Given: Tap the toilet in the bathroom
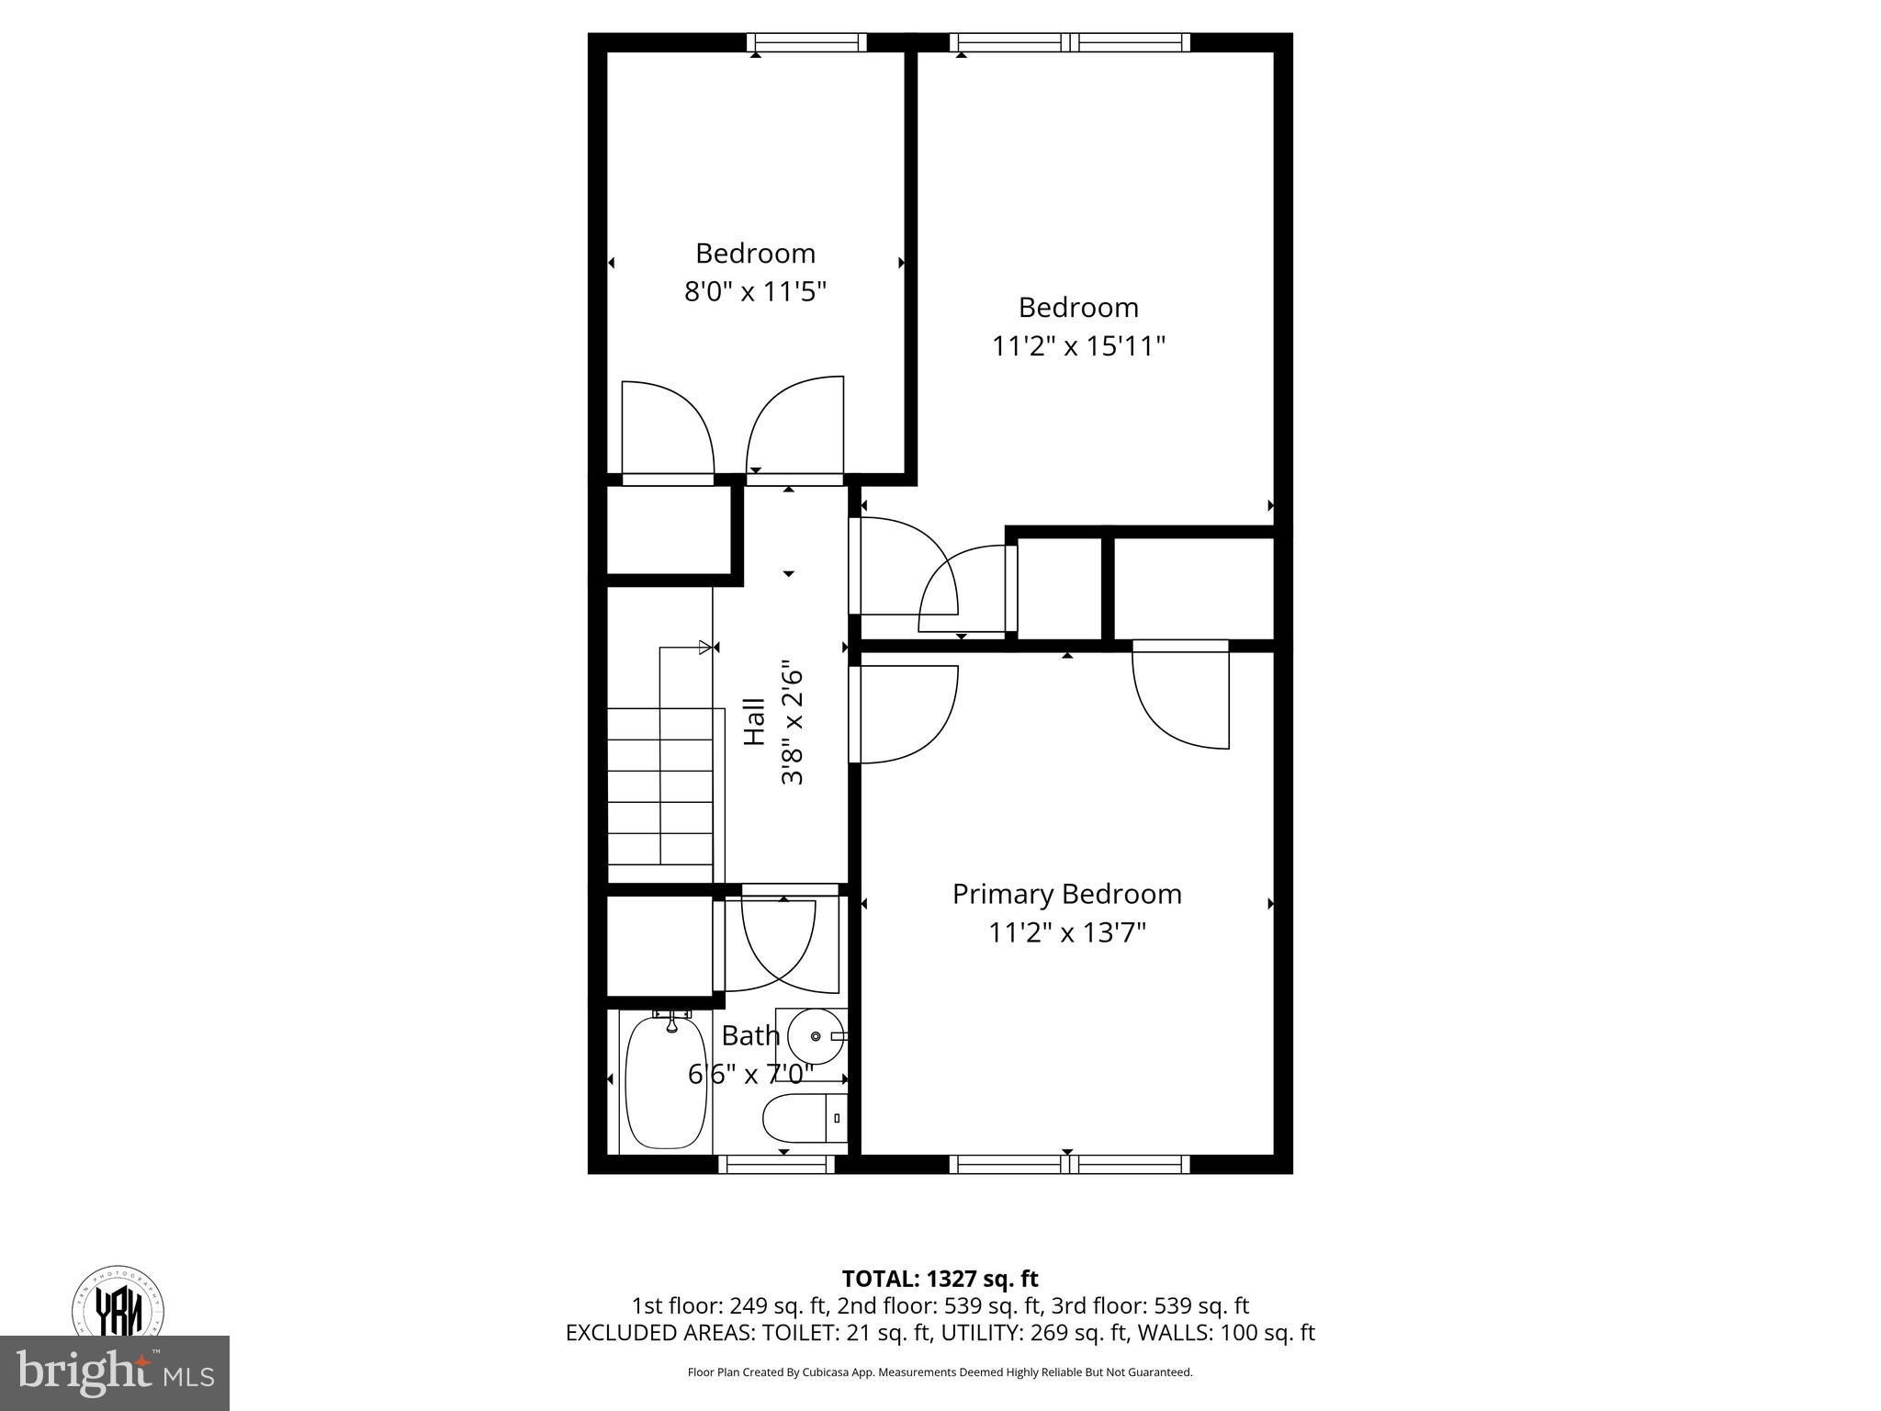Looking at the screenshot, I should [x=804, y=1117].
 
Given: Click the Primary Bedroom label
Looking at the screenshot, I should [x=1066, y=894].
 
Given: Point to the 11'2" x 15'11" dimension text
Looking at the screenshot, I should [x=1078, y=346].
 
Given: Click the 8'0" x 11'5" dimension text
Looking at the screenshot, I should [x=755, y=292].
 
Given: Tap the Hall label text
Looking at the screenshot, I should [x=754, y=722].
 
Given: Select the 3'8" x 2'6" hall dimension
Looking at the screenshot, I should [x=793, y=722].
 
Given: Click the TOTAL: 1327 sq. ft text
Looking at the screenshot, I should [x=940, y=1279].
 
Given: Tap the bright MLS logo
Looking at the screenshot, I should [x=115, y=1373].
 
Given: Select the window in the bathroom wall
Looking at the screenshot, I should [x=776, y=1164].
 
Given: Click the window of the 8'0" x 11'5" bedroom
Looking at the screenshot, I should [x=806, y=42].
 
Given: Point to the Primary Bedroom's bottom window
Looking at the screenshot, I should [x=1069, y=1164].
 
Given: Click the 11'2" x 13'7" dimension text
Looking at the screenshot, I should [x=1066, y=933].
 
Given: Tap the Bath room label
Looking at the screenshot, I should [x=750, y=1035].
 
